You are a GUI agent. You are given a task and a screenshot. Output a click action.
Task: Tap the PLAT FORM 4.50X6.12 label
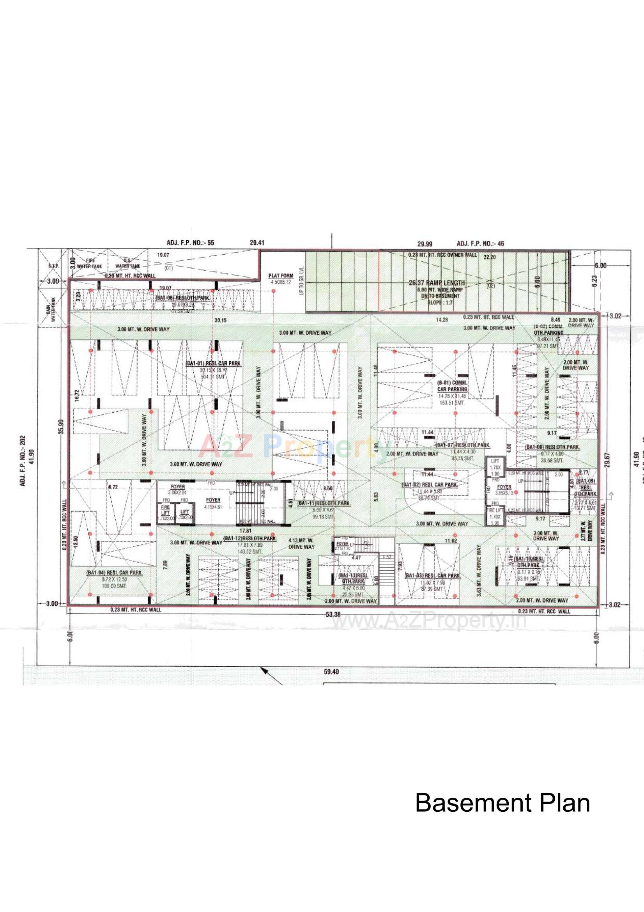(x=281, y=278)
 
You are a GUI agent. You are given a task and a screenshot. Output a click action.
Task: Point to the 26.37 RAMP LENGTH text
(x=436, y=283)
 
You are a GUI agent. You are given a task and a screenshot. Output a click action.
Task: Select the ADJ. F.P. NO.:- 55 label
(x=190, y=243)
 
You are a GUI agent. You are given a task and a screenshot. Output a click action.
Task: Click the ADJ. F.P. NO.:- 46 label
(x=480, y=243)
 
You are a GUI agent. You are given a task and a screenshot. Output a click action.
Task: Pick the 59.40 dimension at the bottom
(x=331, y=672)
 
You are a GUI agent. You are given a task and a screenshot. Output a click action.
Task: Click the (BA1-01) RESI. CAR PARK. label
(x=213, y=363)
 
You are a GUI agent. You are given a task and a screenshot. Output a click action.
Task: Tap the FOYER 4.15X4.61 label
(x=213, y=503)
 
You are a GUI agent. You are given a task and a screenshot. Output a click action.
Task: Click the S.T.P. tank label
(x=53, y=266)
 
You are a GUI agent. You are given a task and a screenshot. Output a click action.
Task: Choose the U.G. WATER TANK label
(x=127, y=264)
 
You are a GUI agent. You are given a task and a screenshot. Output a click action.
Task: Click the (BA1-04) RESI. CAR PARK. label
(x=114, y=573)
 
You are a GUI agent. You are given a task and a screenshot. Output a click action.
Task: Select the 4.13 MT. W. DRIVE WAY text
(x=301, y=543)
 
